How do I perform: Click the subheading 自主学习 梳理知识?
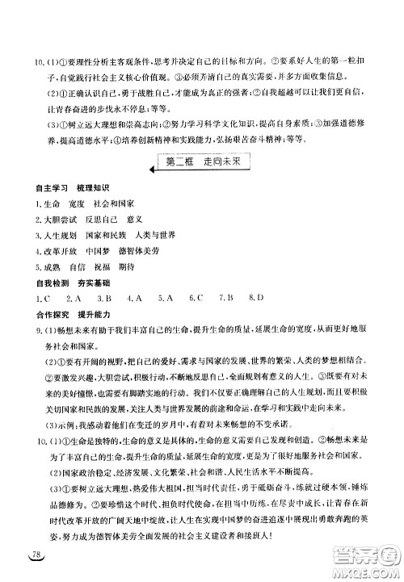tap(66, 188)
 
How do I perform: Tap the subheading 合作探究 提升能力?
tap(66, 314)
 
